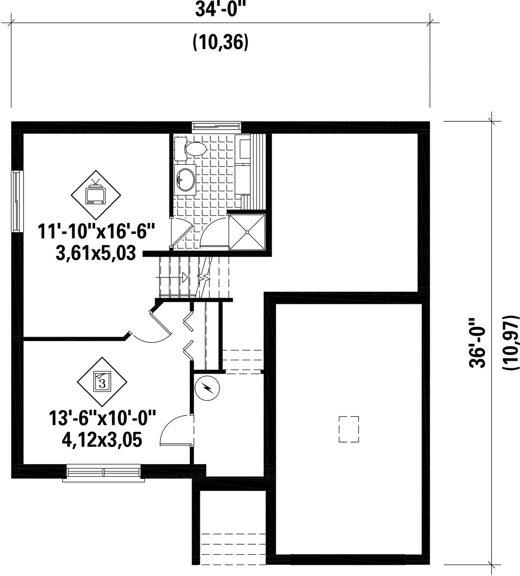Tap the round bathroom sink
185,179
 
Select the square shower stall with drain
247,232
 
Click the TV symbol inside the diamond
95,194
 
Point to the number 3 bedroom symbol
102,382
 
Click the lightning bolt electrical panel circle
207,388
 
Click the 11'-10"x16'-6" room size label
97,232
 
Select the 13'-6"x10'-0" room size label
103,419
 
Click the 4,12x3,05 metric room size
102,440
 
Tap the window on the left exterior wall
16,201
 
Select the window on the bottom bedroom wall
103,472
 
